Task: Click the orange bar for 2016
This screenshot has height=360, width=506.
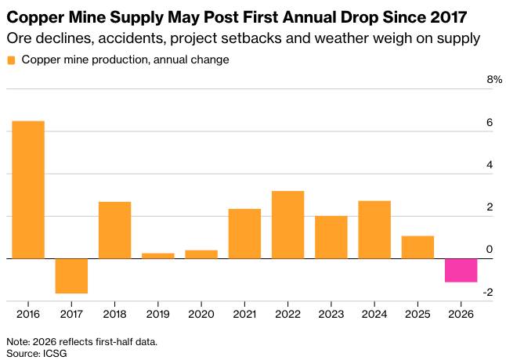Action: pos(28,190)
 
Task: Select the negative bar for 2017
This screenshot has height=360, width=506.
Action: pos(71,276)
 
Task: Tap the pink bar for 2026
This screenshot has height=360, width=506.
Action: pos(461,271)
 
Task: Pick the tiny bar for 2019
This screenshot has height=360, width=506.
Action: pos(158,256)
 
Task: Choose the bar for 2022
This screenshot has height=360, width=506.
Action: pos(287,225)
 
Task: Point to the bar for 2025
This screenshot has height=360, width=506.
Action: pos(418,247)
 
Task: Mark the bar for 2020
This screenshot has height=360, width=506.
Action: pos(201,254)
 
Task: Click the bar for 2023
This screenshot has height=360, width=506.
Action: pos(331,237)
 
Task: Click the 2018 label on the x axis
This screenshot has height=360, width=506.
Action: pos(115,314)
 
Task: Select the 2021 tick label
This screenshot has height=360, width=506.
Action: pos(244,314)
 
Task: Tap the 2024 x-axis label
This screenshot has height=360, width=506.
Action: pos(374,314)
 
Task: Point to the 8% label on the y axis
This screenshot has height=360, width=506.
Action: pos(494,79)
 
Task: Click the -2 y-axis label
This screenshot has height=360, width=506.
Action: pos(488,293)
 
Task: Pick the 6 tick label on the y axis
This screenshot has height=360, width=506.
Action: pos(490,122)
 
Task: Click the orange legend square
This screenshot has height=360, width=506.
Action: pos(11,60)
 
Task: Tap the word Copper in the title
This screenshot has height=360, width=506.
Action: pos(35,17)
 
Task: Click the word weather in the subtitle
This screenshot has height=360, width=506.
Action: pos(342,38)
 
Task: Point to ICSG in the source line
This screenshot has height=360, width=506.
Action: pos(55,353)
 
